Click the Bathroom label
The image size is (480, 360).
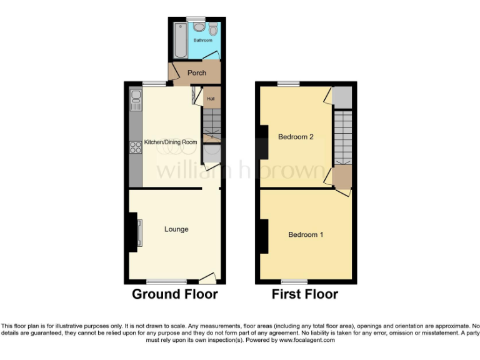tap(202, 40)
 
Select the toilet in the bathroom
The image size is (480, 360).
tap(214, 29)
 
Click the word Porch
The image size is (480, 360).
tap(197, 72)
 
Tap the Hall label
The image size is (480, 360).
tap(211, 98)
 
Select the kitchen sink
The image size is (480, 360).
tap(136, 97)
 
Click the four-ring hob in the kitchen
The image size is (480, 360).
tap(135, 147)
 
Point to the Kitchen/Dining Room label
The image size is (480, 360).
tap(171, 142)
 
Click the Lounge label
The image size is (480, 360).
tap(176, 229)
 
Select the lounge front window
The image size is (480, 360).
tap(166, 281)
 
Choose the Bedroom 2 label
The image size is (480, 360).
tap(296, 137)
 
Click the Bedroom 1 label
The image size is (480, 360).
tap(306, 235)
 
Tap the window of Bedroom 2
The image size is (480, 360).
tap(288, 84)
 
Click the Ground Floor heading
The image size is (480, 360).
tap(174, 294)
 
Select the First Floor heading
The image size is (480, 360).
tap(304, 294)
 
